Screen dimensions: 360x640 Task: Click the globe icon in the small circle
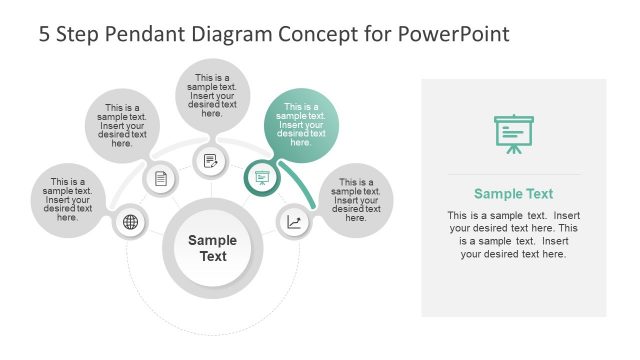click(130, 222)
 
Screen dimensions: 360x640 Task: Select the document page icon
click(161, 179)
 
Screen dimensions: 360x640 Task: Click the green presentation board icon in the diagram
click(262, 178)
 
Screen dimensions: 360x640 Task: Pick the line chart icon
click(294, 222)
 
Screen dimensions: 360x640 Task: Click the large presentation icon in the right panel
click(513, 134)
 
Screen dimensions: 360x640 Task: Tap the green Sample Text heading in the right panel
click(513, 194)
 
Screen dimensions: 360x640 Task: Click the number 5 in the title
click(45, 34)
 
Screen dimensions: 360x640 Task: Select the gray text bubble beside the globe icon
click(68, 199)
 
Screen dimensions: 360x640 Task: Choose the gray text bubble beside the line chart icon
click(357, 199)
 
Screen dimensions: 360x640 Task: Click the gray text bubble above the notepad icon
click(212, 96)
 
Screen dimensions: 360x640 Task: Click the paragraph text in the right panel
click(513, 235)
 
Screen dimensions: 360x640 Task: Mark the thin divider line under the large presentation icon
click(513, 174)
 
